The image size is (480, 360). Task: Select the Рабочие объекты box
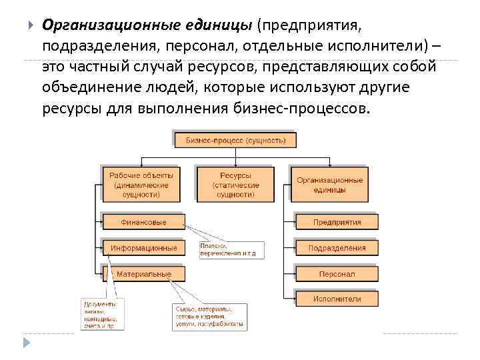click(x=141, y=183)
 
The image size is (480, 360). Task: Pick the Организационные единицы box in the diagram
click(x=329, y=183)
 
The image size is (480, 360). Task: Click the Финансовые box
click(x=143, y=222)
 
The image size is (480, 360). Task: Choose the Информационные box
click(x=143, y=247)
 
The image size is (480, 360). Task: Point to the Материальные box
click(x=143, y=274)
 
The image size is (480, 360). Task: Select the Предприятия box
click(x=336, y=222)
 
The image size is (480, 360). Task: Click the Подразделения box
click(x=336, y=248)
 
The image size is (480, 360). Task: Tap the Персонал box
click(x=336, y=274)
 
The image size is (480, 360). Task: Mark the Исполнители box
click(x=336, y=299)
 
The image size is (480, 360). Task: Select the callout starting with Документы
click(x=100, y=314)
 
